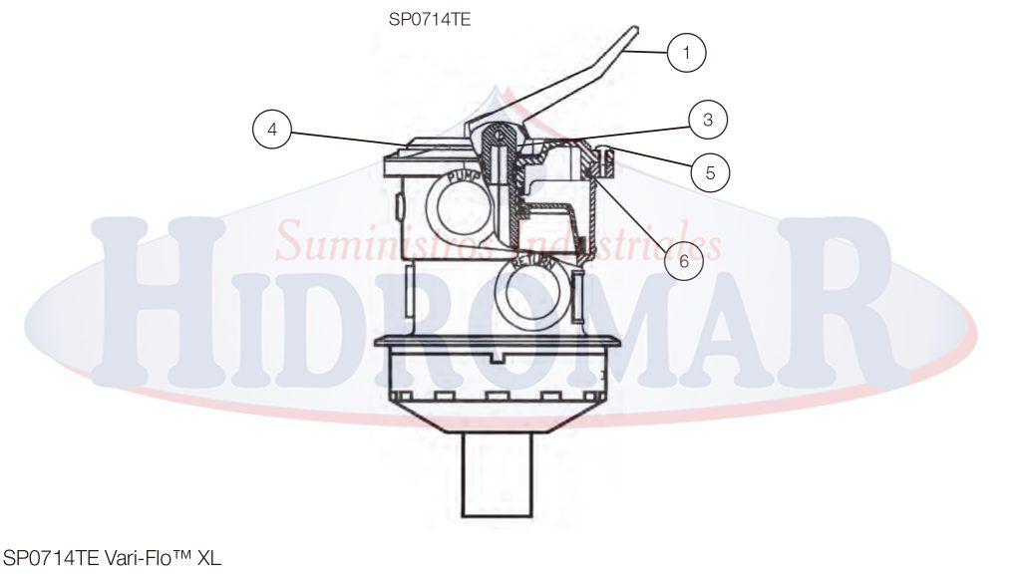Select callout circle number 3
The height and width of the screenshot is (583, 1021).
[707, 121]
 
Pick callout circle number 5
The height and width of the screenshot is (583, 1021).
[710, 171]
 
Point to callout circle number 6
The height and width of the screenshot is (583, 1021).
[683, 261]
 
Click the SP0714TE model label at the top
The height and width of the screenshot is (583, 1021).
[429, 18]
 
